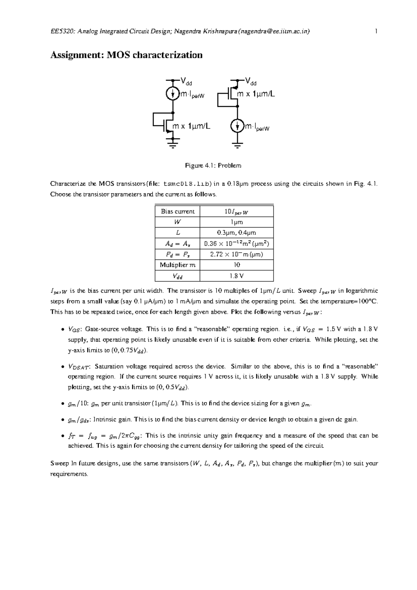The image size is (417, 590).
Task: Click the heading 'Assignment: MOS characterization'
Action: click(126, 55)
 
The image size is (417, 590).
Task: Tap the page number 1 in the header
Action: click(376, 32)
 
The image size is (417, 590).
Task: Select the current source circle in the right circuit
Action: click(237, 126)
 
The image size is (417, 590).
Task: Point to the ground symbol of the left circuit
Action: click(173, 142)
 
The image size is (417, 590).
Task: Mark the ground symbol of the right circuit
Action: click(237, 144)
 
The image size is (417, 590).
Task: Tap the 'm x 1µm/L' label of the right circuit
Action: click(255, 94)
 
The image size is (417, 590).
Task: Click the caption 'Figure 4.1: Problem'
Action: click(213, 166)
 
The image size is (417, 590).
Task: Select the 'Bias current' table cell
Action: click(178, 212)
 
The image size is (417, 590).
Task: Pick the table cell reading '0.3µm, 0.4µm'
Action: click(237, 233)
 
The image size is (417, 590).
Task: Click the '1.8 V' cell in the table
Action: click(237, 276)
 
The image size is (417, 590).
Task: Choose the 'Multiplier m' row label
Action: click(178, 265)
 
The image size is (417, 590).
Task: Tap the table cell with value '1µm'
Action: click(237, 222)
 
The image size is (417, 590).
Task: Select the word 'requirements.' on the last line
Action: click(69, 474)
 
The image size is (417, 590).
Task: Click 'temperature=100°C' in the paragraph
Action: click(349, 301)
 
